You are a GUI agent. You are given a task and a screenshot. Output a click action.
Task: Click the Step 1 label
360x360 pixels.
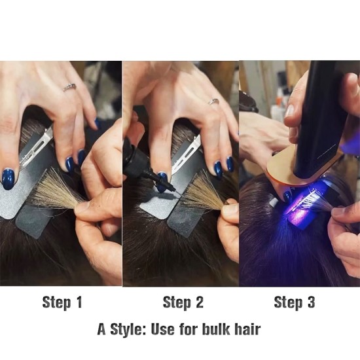(62, 302)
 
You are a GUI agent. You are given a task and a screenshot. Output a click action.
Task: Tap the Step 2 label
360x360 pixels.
(183, 302)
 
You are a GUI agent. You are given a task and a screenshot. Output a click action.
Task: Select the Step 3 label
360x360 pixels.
(295, 302)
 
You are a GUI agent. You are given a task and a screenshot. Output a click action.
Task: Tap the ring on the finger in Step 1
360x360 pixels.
(69, 87)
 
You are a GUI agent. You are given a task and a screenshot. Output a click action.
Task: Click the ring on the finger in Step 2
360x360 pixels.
(213, 101)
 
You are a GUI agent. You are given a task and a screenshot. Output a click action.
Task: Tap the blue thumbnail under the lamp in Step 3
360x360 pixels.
(287, 195)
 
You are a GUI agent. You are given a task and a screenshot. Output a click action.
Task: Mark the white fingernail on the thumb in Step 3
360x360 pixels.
(290, 111)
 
